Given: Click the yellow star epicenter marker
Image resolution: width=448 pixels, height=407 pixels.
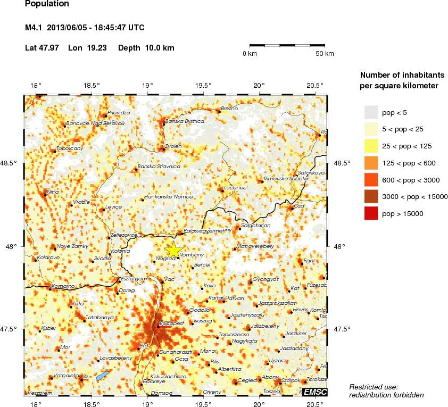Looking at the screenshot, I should pos(174,249).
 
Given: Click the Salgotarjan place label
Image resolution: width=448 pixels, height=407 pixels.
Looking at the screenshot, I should pos(256,226).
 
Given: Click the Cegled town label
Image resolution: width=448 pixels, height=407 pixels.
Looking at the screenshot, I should pos(246,380).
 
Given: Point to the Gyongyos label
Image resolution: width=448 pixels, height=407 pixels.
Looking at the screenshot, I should pos(266,279).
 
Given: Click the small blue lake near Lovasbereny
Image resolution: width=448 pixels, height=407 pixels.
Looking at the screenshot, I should pos(103,376).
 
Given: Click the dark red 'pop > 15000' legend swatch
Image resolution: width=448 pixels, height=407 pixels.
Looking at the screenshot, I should pos(371,213).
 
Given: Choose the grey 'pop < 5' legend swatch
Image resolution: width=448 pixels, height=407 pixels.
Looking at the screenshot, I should pos(371,112).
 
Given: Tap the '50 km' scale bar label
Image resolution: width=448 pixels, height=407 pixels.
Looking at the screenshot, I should pos(325,54).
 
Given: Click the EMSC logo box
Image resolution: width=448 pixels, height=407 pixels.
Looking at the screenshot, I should pos(314,392).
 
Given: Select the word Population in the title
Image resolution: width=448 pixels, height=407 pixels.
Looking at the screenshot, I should pos(47,4).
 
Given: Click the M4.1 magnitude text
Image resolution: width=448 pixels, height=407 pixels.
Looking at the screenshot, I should pos(36,28).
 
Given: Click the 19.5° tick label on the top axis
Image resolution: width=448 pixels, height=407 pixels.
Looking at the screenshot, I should pos(203,85).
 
